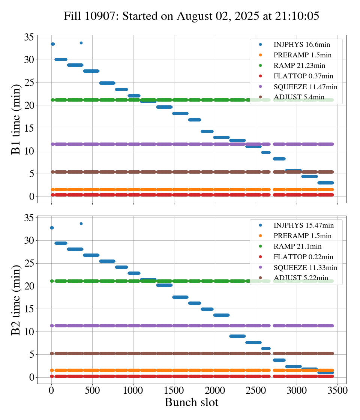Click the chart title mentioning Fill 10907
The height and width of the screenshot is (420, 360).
click(191, 16)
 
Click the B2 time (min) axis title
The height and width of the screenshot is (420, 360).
click(16, 300)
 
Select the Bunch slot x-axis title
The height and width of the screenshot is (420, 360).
click(191, 402)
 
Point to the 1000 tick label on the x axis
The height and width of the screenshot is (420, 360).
click(133, 390)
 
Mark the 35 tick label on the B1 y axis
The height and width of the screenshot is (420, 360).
click(30, 37)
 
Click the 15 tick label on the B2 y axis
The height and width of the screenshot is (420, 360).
click(30, 309)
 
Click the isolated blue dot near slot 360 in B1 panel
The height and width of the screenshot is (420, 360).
click(81, 43)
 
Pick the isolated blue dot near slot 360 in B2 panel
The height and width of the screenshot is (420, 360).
click(81, 223)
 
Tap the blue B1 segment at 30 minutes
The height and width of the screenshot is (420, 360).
click(61, 59)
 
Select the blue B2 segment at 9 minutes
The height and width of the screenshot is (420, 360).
click(237, 336)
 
